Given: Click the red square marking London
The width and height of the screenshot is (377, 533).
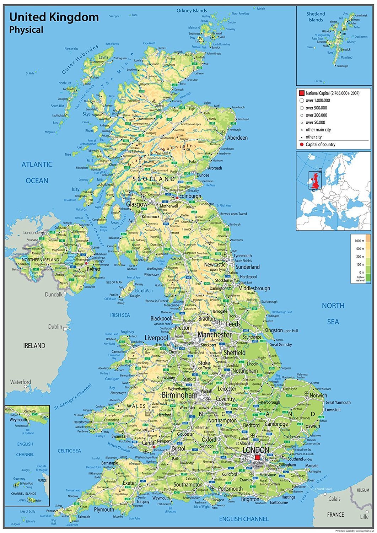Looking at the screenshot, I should click(258, 457).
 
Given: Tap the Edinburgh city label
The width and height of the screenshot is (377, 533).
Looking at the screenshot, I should click(190, 196).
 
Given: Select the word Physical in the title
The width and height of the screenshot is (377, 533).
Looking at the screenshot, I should click(26, 30).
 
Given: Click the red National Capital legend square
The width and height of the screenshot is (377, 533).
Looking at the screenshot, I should click(301, 93).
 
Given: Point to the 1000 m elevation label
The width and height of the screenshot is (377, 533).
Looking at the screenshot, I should click(359, 241).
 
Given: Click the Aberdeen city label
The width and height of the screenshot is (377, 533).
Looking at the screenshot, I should click(237, 138).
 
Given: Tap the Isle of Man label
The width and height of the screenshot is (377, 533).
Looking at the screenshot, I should click(144, 291).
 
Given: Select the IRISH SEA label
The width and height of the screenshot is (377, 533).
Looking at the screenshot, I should click(120, 315).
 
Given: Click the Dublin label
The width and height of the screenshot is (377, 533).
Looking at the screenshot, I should click(55, 327).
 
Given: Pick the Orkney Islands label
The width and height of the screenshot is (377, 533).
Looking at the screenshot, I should click(192, 11).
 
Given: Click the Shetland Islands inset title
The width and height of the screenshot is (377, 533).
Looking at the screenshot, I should click(316, 17).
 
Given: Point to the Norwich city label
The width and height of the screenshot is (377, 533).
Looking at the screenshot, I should click(318, 395).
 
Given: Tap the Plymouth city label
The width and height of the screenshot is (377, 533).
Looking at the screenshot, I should click(104, 510).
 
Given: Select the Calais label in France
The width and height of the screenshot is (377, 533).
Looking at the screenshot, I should click(334, 499).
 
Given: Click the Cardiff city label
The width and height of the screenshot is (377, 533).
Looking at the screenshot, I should click(149, 443).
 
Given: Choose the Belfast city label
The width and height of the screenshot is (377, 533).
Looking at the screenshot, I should click(94, 269).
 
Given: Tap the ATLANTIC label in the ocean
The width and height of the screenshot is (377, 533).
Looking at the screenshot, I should click(37, 165).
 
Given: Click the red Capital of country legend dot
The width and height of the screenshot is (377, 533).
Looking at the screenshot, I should click(302, 144).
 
